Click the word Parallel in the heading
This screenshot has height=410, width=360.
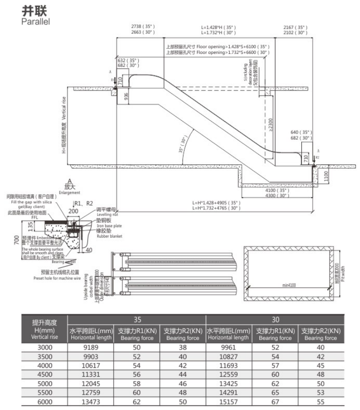point(36,21)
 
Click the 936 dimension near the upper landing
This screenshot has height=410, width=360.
point(126,97)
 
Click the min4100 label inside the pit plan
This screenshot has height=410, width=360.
point(289,284)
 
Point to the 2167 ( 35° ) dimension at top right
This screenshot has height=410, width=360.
point(295,27)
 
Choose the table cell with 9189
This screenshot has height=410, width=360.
point(90,347)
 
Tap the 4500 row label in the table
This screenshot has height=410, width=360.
point(45,375)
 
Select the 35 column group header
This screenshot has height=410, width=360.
point(137,320)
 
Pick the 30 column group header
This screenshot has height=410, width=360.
point(275,320)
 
